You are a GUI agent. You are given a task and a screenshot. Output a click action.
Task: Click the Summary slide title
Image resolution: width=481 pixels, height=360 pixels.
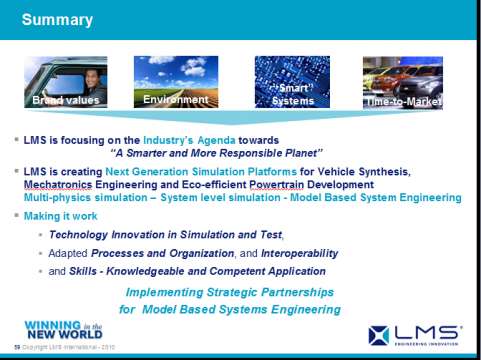click(57, 20)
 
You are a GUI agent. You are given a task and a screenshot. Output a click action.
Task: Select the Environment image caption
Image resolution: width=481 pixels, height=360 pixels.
click(175, 100)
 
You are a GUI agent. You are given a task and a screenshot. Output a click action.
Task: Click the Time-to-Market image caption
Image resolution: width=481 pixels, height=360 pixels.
click(402, 102)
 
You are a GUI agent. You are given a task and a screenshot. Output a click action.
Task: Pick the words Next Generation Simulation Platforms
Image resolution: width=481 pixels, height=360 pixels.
click(222, 172)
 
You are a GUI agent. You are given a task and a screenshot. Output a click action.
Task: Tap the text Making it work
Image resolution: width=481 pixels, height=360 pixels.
click(62, 216)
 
